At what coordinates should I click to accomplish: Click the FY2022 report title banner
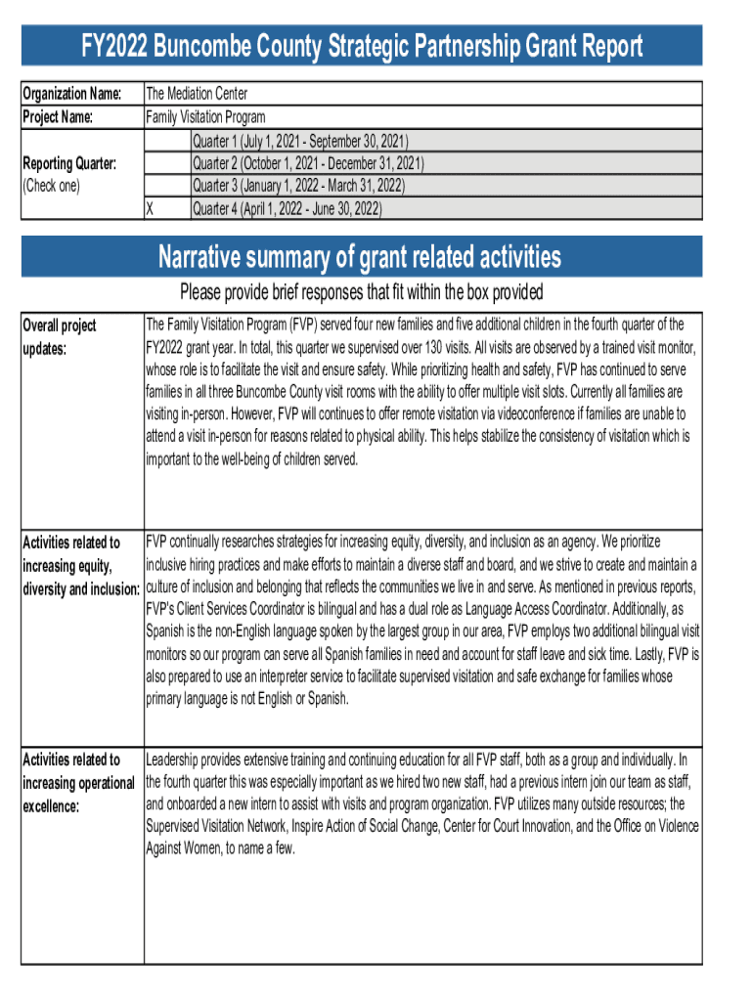tap(362, 46)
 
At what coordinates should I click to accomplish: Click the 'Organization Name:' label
tap(71, 94)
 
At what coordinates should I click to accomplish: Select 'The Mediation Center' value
tap(197, 94)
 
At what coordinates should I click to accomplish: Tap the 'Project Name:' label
tap(58, 117)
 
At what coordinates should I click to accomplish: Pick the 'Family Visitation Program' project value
tap(205, 117)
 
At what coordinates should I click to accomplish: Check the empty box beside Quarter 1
tap(166, 141)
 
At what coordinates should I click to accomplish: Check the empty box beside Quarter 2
tap(166, 163)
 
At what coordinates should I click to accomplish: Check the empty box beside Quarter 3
tap(166, 186)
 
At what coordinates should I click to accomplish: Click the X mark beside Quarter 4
tap(150, 209)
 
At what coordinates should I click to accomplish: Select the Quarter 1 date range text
tap(300, 141)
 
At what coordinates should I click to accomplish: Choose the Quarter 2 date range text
tap(308, 163)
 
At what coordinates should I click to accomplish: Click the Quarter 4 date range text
tap(287, 209)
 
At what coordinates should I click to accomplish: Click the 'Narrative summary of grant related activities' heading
tap(361, 258)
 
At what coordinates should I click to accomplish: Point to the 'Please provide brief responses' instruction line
tap(361, 293)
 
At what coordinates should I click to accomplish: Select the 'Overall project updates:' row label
tap(60, 335)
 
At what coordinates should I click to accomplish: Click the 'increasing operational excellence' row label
tap(78, 783)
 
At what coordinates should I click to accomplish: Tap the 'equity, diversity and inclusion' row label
tap(81, 566)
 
